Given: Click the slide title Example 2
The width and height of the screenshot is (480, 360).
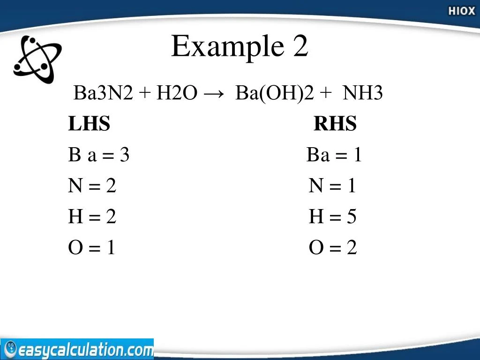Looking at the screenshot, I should [240, 47].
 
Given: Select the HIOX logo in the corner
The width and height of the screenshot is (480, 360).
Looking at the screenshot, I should [461, 11].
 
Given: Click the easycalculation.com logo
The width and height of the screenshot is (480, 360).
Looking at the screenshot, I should [77, 350].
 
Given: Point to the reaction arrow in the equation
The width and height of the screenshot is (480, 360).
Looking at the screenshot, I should [213, 94].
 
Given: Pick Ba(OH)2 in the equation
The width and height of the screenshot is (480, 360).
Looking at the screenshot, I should [274, 94].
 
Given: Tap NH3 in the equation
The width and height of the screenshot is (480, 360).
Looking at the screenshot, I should [362, 94].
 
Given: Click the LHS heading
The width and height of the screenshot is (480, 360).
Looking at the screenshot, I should [89, 124].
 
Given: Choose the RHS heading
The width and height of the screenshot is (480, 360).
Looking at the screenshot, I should [335, 124].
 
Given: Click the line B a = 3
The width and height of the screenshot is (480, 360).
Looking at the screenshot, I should [98, 155].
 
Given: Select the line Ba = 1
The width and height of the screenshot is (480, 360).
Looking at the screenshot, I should [334, 155].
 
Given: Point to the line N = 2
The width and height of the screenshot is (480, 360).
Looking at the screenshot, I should [92, 186].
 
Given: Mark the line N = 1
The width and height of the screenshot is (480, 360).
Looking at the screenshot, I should [332, 186].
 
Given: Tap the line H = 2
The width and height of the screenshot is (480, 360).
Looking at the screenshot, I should [92, 217].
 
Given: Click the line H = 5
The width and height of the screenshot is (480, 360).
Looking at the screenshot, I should [332, 217].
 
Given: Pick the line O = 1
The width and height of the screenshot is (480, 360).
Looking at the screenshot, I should [91, 247].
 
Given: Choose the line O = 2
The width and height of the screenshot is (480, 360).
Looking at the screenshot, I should [332, 247].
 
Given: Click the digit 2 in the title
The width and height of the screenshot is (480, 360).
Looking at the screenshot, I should [300, 47].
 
